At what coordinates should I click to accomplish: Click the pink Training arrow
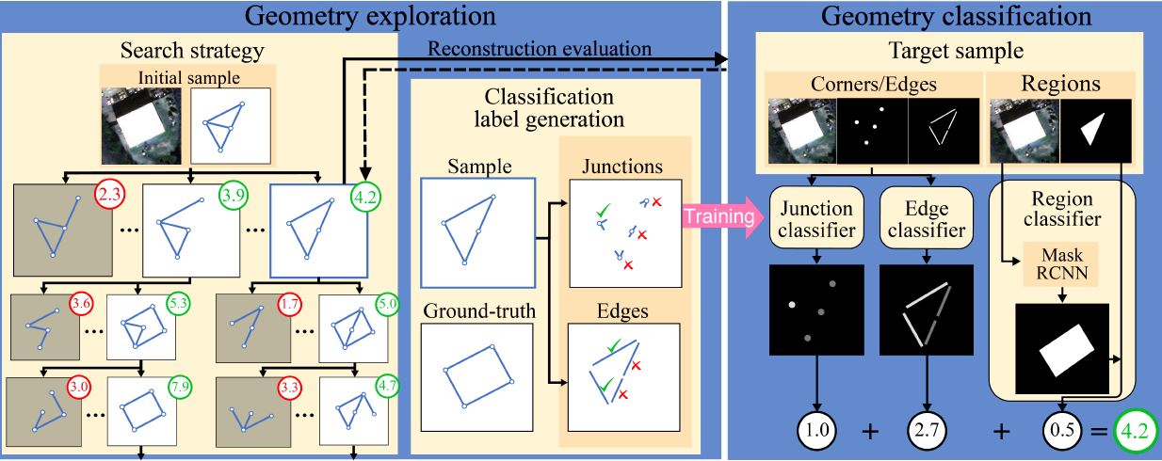(722, 216)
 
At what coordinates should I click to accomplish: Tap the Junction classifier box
(816, 218)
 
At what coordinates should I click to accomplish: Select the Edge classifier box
(927, 218)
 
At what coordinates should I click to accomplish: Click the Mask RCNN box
(1061, 264)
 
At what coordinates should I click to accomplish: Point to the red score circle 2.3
(109, 195)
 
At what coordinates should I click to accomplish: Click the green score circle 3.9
(234, 196)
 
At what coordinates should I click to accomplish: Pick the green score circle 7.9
(180, 387)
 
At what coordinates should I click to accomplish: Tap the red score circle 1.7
(289, 303)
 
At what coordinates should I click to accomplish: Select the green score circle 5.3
(178, 303)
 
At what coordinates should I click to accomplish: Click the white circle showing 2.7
(927, 430)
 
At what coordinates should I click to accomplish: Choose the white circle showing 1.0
(816, 430)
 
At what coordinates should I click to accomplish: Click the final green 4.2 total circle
(1135, 430)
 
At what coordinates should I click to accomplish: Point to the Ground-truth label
(479, 311)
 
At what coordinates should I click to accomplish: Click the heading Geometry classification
(956, 16)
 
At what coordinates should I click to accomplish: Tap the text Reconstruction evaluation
(540, 49)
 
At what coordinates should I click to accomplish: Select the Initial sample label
(189, 78)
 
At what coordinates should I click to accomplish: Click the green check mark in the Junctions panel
(603, 210)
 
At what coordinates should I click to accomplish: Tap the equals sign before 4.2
(1099, 430)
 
